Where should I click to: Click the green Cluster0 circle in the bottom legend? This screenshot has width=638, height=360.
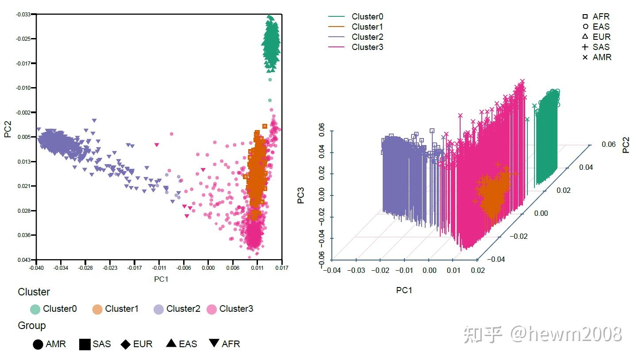35,309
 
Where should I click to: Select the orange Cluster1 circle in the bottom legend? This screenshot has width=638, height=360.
97,309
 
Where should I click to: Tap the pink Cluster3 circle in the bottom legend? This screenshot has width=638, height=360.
212,309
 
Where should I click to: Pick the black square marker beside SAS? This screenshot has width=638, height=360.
85,344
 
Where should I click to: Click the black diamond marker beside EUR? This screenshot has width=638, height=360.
126,344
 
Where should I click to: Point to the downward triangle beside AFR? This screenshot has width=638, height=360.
214,343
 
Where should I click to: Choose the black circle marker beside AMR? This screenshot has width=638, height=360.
38,344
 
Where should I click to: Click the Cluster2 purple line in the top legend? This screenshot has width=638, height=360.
336,37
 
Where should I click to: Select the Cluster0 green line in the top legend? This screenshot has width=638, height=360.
336,17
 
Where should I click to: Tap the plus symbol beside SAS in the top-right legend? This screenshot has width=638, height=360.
585,47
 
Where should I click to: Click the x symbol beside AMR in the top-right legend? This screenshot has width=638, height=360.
585,57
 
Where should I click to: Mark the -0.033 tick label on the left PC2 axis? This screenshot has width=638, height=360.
24,15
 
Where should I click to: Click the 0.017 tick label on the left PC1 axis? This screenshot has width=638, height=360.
281,268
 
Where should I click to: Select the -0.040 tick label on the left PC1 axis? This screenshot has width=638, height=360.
36,268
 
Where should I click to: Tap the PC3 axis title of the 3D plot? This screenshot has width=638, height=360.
301,196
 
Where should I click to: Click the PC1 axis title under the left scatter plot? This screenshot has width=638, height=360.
161,279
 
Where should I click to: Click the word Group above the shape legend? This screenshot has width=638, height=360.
32,326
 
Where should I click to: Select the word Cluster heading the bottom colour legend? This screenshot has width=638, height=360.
34,292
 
